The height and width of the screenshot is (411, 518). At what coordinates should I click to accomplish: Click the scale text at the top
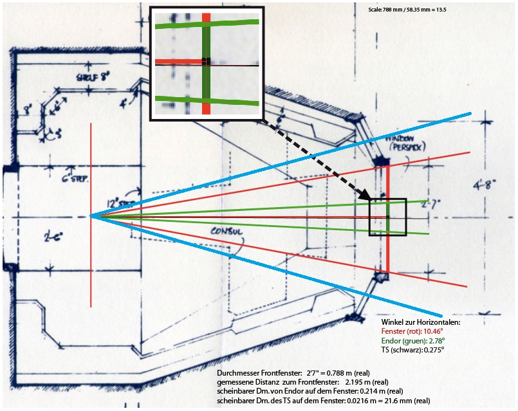(x=406, y=10)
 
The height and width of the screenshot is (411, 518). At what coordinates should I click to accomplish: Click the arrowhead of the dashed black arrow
(x=366, y=196)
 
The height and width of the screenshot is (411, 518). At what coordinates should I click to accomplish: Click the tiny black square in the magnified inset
(x=206, y=60)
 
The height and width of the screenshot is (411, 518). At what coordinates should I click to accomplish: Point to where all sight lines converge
(x=91, y=216)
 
